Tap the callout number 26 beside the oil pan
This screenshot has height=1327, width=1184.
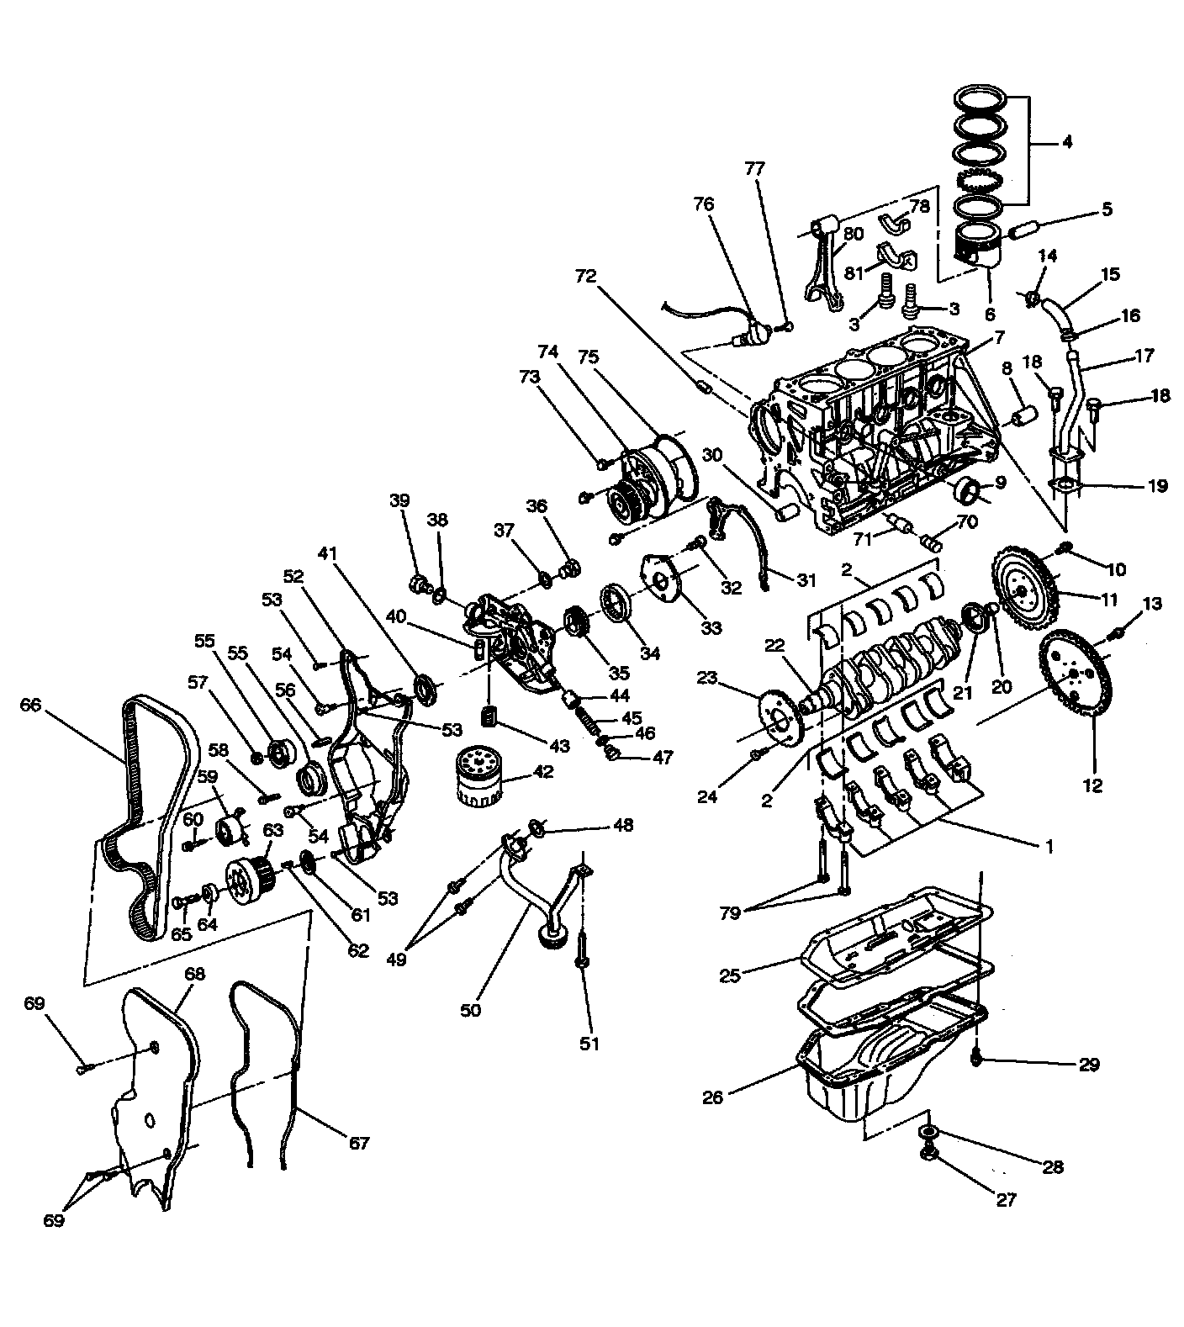[712, 1098]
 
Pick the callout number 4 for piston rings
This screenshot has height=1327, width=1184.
[1067, 143]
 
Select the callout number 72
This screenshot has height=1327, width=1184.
[586, 275]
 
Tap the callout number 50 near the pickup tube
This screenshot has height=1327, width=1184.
[471, 1010]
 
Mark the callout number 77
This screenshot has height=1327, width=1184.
[756, 168]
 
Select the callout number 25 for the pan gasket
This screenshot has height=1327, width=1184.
[730, 976]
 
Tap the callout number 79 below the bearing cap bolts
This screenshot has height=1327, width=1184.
[730, 912]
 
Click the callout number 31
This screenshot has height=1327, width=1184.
[807, 579]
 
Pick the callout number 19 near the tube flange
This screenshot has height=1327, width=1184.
[1158, 486]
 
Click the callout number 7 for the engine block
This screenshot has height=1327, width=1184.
[1000, 338]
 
